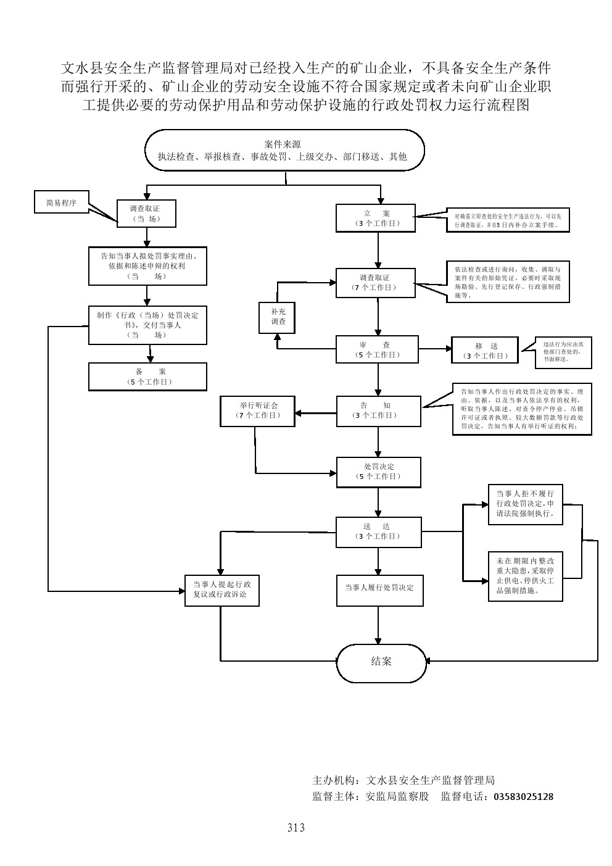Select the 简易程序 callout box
pyautogui.click(x=62, y=202)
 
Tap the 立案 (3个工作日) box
pyautogui.click(x=376, y=218)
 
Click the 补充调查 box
pyautogui.click(x=276, y=317)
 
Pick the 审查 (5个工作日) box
pyautogui.click(x=376, y=349)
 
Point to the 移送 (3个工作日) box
pyautogui.click(x=485, y=351)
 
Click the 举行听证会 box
pyautogui.click(x=258, y=410)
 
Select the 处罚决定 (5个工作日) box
pyautogui.click(x=378, y=472)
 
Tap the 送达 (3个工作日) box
pyautogui.click(x=378, y=531)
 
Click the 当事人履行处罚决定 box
pyautogui.click(x=379, y=588)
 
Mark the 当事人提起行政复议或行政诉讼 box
pyautogui.click(x=221, y=589)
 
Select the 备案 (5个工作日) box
pyautogui.click(x=147, y=377)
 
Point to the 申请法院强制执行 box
pyautogui.click(x=525, y=504)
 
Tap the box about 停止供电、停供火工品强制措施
pyautogui.click(x=525, y=576)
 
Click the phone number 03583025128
pyautogui.click(x=524, y=796)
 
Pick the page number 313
pyautogui.click(x=296, y=828)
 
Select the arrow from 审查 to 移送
pyautogui.click(x=435, y=349)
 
